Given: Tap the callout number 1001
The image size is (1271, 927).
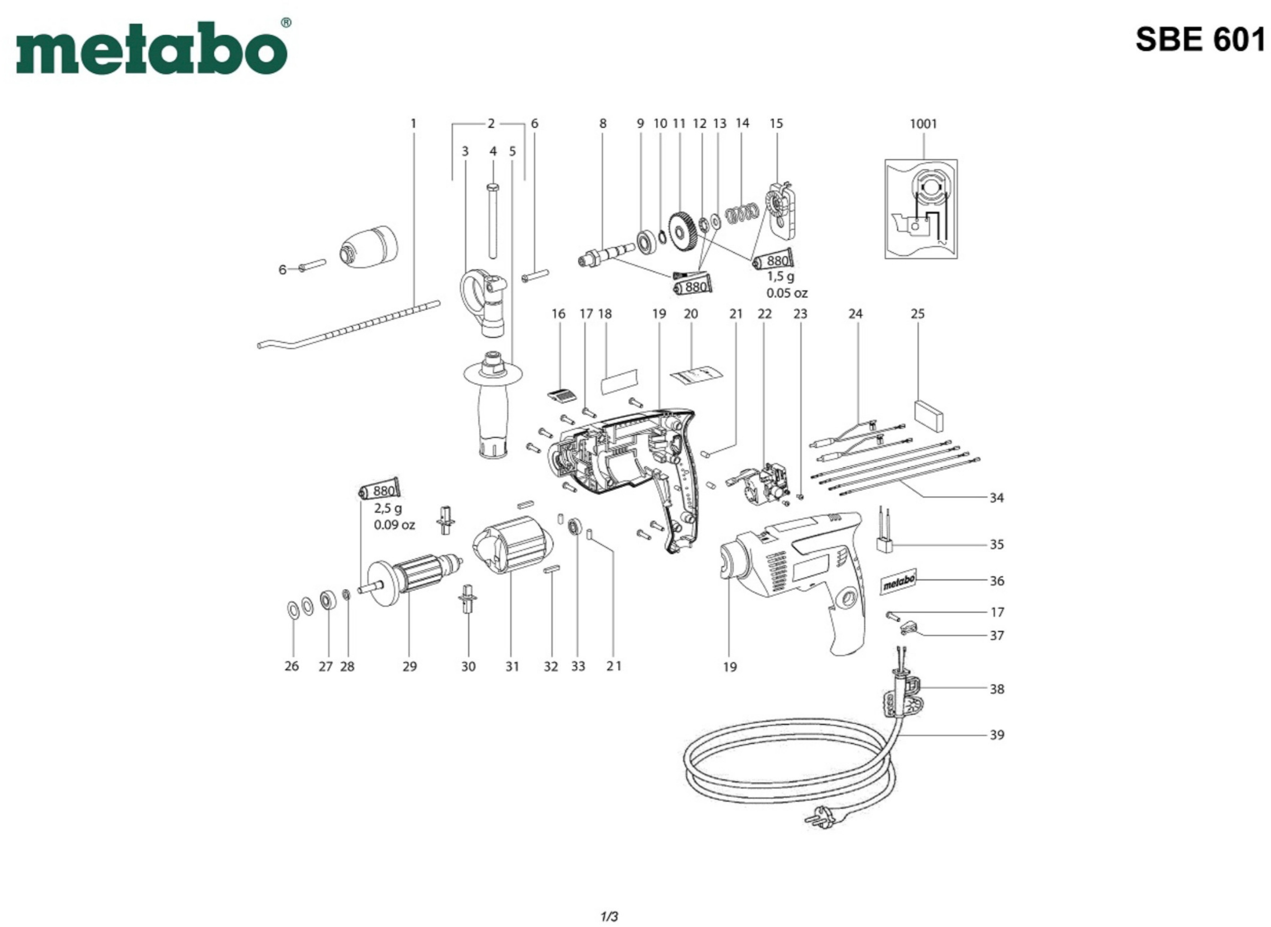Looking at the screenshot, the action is pos(923,123).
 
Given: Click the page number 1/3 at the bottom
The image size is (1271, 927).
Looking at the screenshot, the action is pos(609,916).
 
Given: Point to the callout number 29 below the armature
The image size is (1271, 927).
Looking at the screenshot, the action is pos(409,666).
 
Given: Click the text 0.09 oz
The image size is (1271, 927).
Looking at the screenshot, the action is pos(394,525).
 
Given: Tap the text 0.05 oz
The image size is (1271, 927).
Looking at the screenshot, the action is pos(787,293).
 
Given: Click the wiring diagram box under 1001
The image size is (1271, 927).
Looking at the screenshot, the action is pos(921,209).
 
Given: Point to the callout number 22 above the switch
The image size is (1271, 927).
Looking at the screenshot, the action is pos(764,314).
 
